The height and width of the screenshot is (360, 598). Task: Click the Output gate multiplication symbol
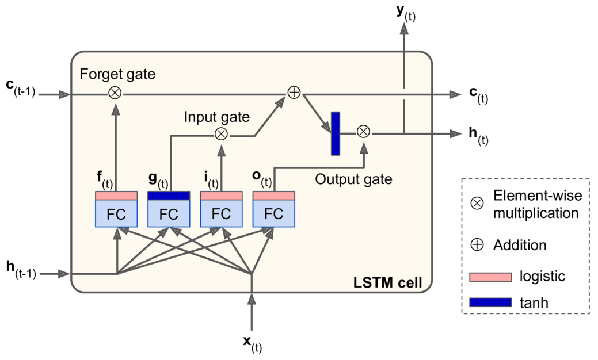pos(363,132)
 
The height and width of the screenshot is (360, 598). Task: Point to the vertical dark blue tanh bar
pos(336,133)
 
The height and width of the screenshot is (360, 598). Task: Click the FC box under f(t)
pos(116,213)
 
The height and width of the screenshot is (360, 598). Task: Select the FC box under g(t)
pos(169,213)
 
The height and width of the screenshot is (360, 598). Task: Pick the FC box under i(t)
pos(221,213)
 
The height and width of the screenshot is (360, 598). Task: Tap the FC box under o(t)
pos(273,213)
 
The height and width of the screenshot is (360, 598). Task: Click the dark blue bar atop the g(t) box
pos(169,196)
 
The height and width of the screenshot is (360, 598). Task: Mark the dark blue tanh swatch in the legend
pos(490,301)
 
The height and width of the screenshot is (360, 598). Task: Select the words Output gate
pos(353,179)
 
